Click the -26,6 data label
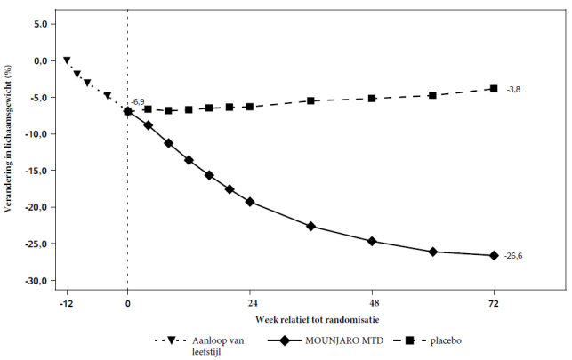click(x=514, y=257)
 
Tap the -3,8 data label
click(x=512, y=90)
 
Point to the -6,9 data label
click(x=138, y=103)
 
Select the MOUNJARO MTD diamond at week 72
click(x=494, y=256)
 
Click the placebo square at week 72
click(x=494, y=89)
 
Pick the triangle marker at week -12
click(x=67, y=60)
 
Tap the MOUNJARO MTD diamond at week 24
click(x=250, y=202)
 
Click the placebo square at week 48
click(x=372, y=98)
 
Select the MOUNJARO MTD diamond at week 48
click(x=372, y=241)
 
